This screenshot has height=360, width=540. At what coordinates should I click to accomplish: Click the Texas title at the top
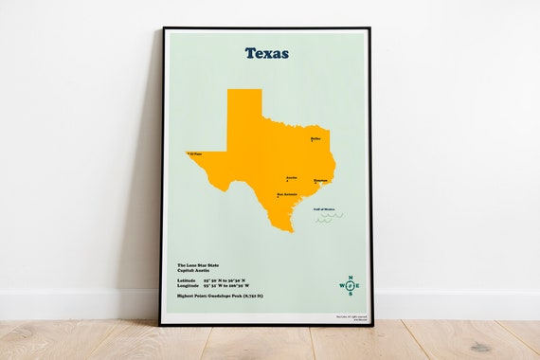click(x=266, y=53)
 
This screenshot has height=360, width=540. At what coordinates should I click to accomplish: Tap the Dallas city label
click(x=315, y=138)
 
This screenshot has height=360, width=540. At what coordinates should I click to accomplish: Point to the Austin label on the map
click(x=292, y=176)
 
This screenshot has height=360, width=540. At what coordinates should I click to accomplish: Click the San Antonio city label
click(x=287, y=195)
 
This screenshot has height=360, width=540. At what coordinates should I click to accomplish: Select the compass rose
click(x=349, y=285)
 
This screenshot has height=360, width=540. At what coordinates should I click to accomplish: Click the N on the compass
click(x=349, y=278)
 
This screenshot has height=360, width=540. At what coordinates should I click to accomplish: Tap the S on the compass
click(x=349, y=294)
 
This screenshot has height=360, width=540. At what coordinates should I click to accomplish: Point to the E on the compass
click(x=357, y=285)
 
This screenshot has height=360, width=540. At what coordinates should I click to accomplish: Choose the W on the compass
click(x=341, y=285)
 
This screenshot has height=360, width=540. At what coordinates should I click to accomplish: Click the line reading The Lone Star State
click(x=197, y=265)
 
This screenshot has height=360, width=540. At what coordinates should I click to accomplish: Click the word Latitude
click(x=188, y=279)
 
